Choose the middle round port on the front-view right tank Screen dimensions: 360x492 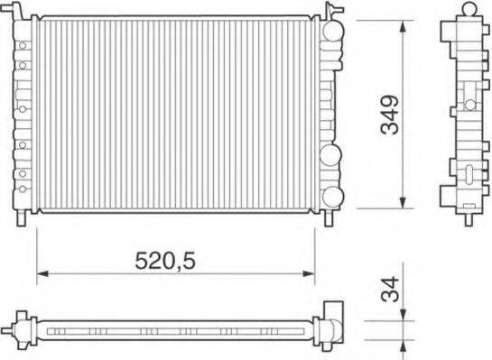[x=332, y=155]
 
